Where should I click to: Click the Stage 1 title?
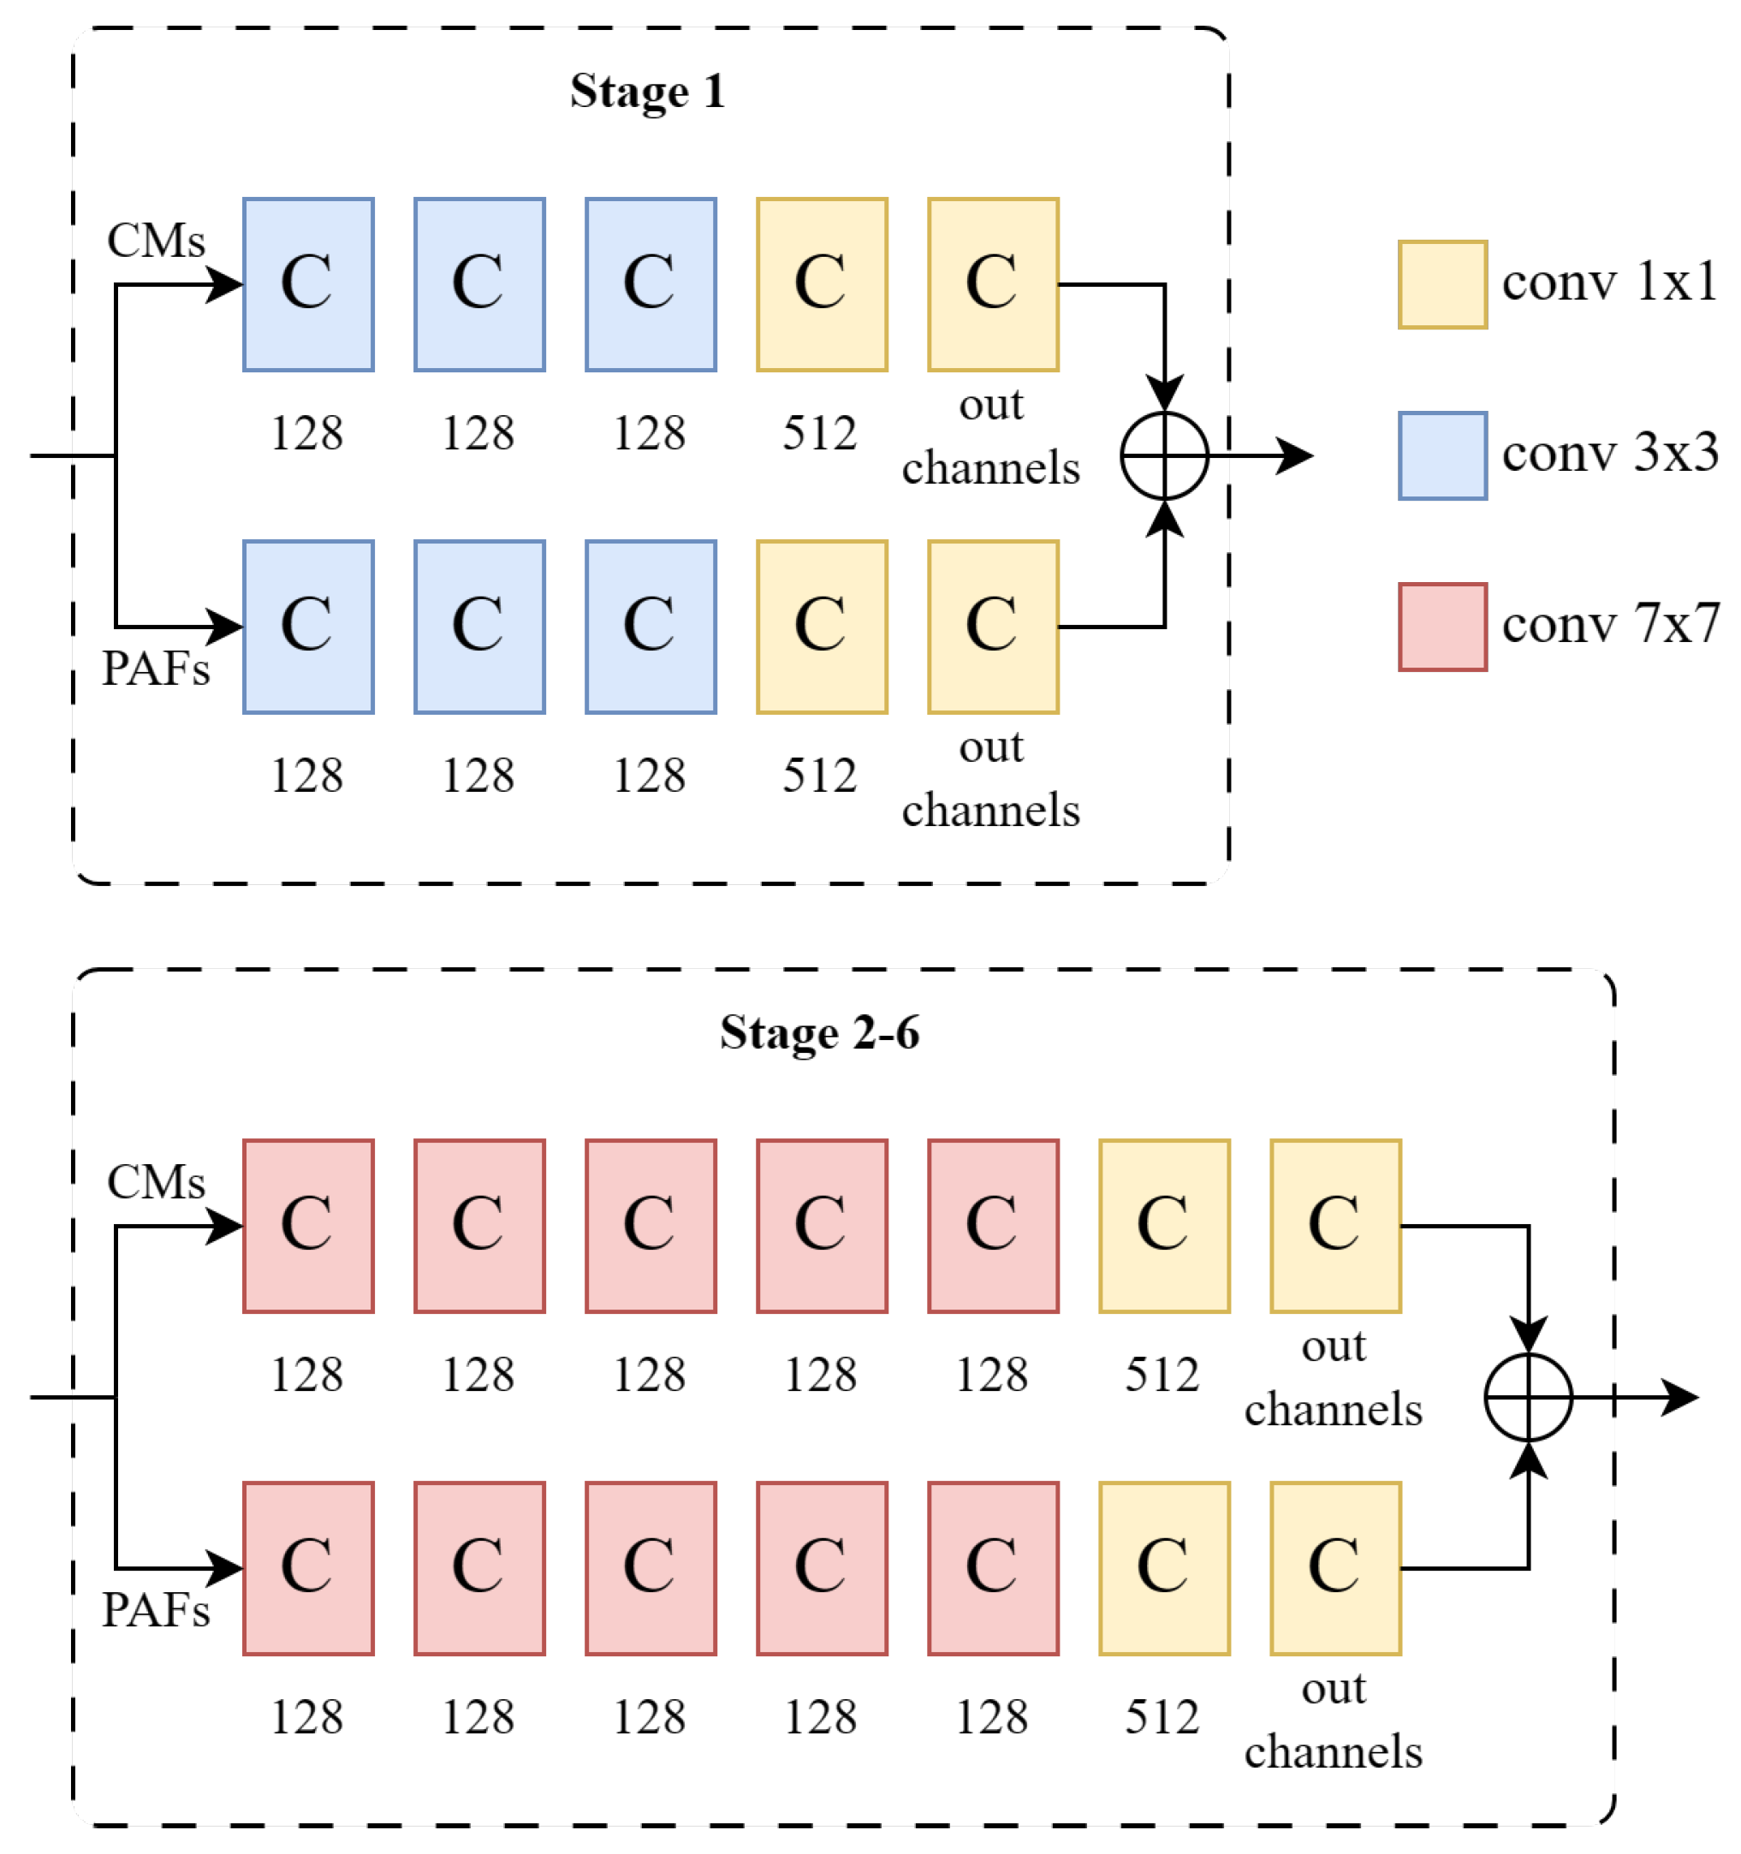[x=646, y=92]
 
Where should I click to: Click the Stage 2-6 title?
[x=819, y=1032]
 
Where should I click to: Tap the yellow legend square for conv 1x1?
[x=1441, y=284]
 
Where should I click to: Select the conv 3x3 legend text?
[x=1608, y=455]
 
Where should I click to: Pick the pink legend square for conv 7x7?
[x=1441, y=627]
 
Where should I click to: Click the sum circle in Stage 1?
[x=1164, y=455]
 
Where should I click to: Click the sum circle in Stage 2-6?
[x=1528, y=1397]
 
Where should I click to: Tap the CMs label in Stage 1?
[x=156, y=241]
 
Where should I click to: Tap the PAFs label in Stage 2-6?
[x=156, y=1611]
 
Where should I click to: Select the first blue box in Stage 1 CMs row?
[x=309, y=284]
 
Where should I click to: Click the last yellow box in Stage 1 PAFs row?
[x=992, y=627]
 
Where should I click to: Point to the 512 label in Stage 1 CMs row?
[x=819, y=434]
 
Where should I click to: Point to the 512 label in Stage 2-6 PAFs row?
[x=1162, y=1717]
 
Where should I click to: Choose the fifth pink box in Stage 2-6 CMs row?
[x=992, y=1226]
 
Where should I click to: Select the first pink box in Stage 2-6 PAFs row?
[x=309, y=1569]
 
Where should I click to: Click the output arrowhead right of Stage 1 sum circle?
[x=1296, y=455]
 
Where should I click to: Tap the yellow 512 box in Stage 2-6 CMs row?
[x=1164, y=1226]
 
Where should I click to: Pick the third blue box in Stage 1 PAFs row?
[x=651, y=627]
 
